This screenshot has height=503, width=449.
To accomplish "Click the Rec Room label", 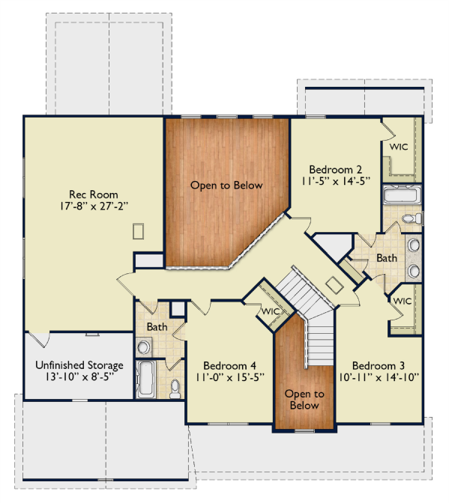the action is (x=94, y=195).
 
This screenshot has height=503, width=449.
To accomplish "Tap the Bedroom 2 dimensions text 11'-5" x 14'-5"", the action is (x=336, y=181).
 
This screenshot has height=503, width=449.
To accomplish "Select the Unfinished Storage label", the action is (x=79, y=365).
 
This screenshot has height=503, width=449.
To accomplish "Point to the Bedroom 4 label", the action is (x=229, y=366).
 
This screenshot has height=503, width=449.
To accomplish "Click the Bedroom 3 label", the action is (x=379, y=366).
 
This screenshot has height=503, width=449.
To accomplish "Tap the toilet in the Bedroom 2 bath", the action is (x=412, y=219).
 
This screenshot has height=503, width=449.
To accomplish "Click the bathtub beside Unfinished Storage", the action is (x=146, y=379).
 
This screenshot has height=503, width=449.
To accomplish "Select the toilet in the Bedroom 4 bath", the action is (x=175, y=388).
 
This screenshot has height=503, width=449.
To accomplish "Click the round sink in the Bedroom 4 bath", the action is (x=143, y=347).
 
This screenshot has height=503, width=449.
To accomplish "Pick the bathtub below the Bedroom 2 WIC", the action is (x=402, y=194).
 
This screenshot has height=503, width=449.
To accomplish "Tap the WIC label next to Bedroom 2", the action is (x=399, y=147).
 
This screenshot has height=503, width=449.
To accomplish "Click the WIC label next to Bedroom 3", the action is (x=403, y=301).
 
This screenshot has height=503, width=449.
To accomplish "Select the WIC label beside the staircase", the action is (x=271, y=311).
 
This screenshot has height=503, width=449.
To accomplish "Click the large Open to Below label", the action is (x=226, y=185).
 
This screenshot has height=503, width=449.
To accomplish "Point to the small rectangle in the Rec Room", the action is (x=138, y=231).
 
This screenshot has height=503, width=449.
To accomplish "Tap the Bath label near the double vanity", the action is (x=386, y=258).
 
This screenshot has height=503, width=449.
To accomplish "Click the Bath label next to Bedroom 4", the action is (x=157, y=327).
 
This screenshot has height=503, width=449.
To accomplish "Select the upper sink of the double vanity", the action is (x=413, y=246).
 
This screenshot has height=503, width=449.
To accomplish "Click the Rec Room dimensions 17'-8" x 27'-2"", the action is (x=94, y=206).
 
